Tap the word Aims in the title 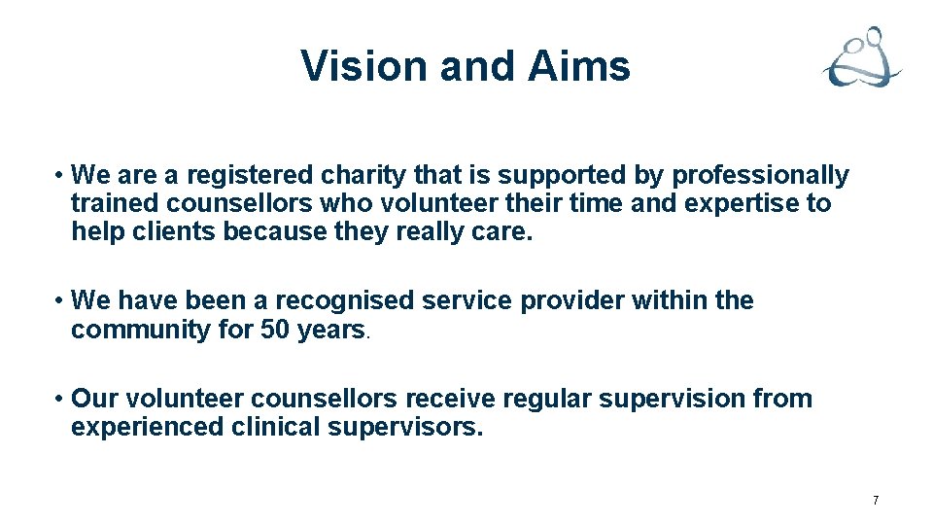point(579,66)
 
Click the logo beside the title point(862,59)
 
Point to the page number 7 point(876,501)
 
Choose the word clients point(170,232)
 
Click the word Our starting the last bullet point(93,399)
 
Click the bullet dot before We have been point(60,301)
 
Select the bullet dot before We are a point(60,176)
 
